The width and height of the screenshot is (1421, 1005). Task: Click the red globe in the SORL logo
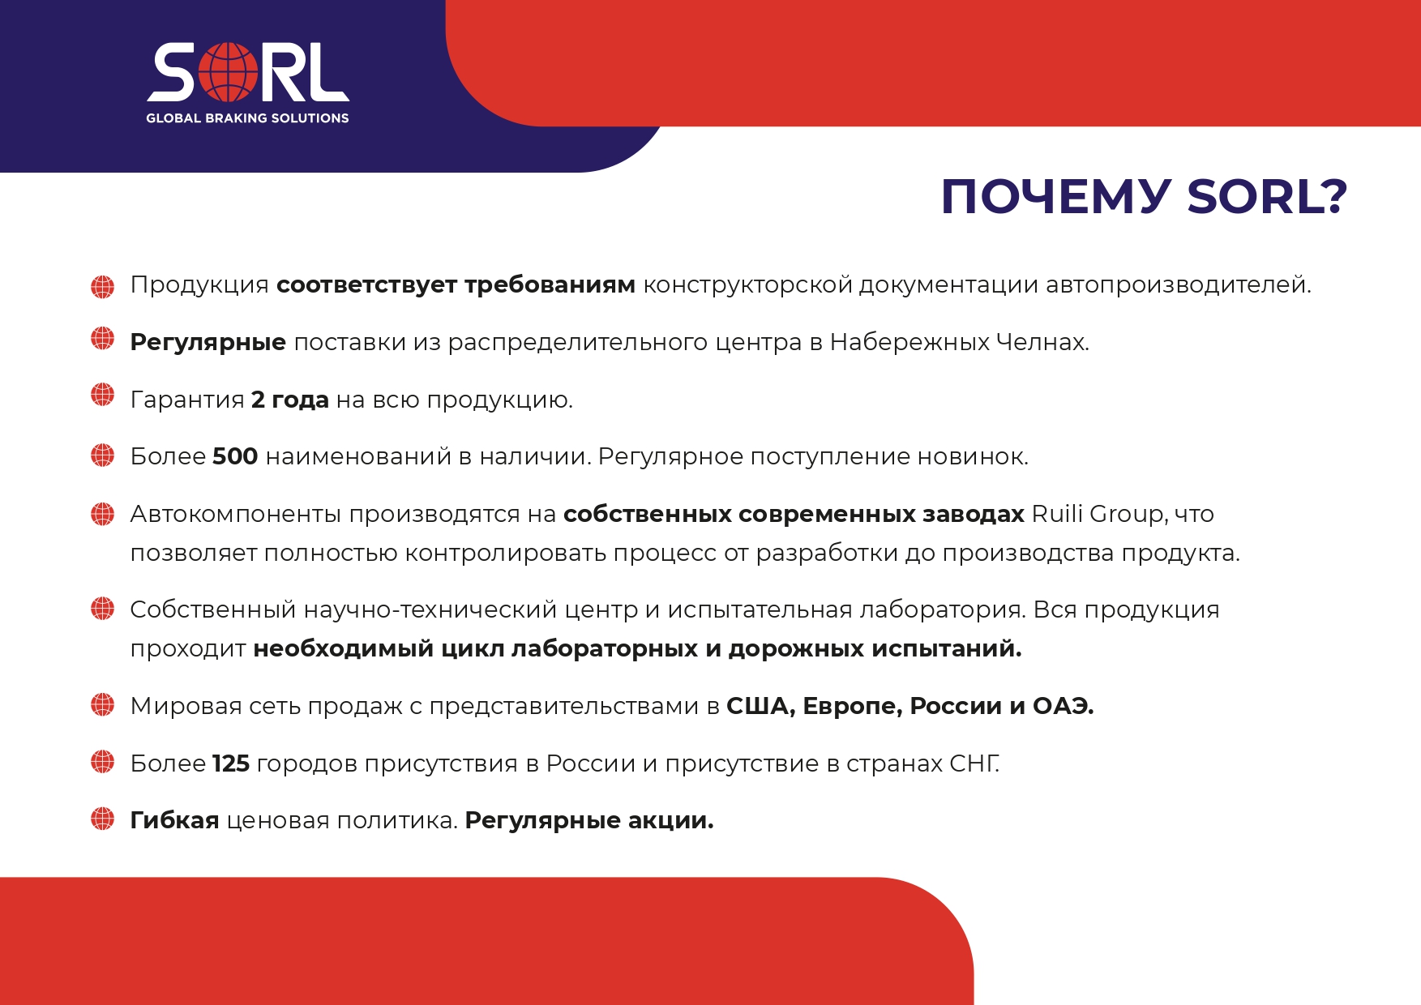click(x=228, y=72)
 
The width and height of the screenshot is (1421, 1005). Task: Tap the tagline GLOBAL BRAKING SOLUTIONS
click(x=247, y=118)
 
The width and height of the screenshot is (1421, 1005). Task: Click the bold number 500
click(x=235, y=456)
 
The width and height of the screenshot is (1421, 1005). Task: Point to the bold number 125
click(x=231, y=763)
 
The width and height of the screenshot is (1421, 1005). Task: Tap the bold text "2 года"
click(x=290, y=400)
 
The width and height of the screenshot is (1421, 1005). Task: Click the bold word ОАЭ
click(x=1063, y=706)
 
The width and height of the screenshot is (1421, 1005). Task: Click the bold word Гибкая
click(x=175, y=820)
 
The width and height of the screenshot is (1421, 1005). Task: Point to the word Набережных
click(x=910, y=342)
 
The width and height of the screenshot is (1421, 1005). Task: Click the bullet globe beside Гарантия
click(x=103, y=396)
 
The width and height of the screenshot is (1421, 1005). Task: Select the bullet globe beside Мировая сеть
click(x=103, y=704)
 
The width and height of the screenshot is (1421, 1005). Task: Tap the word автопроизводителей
click(x=1179, y=285)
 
